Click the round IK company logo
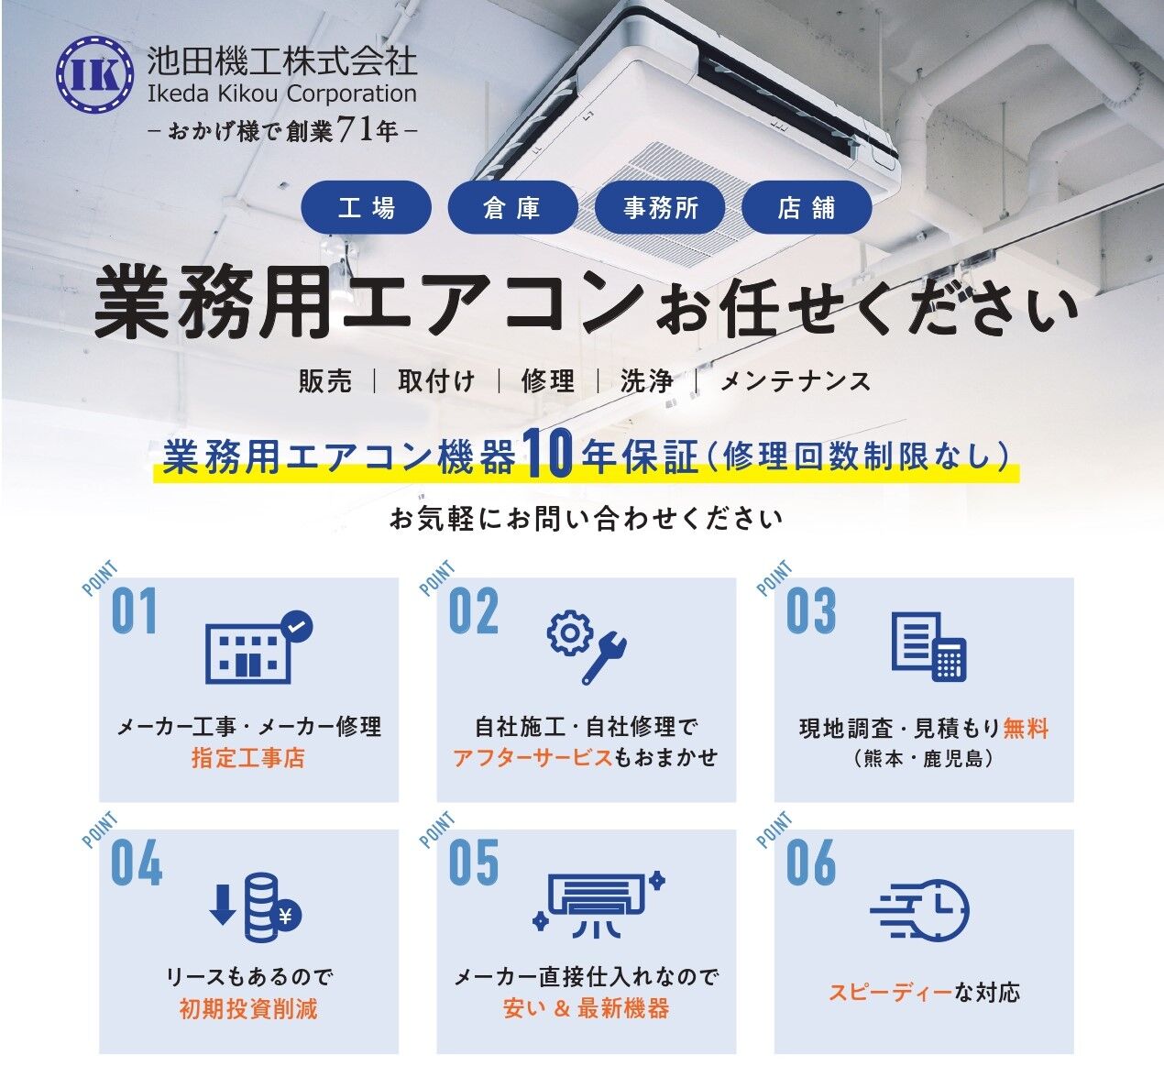(x=95, y=74)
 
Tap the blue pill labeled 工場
(x=367, y=207)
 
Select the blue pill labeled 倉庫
(x=513, y=207)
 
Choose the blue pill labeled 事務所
(x=660, y=207)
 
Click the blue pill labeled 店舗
(x=807, y=207)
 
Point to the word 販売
(x=325, y=381)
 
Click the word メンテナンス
(x=796, y=381)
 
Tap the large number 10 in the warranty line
(x=548, y=453)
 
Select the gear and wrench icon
(x=587, y=648)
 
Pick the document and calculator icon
(x=929, y=647)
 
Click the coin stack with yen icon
(x=256, y=907)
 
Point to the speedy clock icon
(x=919, y=910)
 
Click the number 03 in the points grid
(x=811, y=610)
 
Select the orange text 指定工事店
(x=247, y=758)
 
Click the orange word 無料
(x=1026, y=728)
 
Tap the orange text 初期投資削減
(x=247, y=1009)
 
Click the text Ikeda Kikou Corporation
(x=282, y=93)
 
